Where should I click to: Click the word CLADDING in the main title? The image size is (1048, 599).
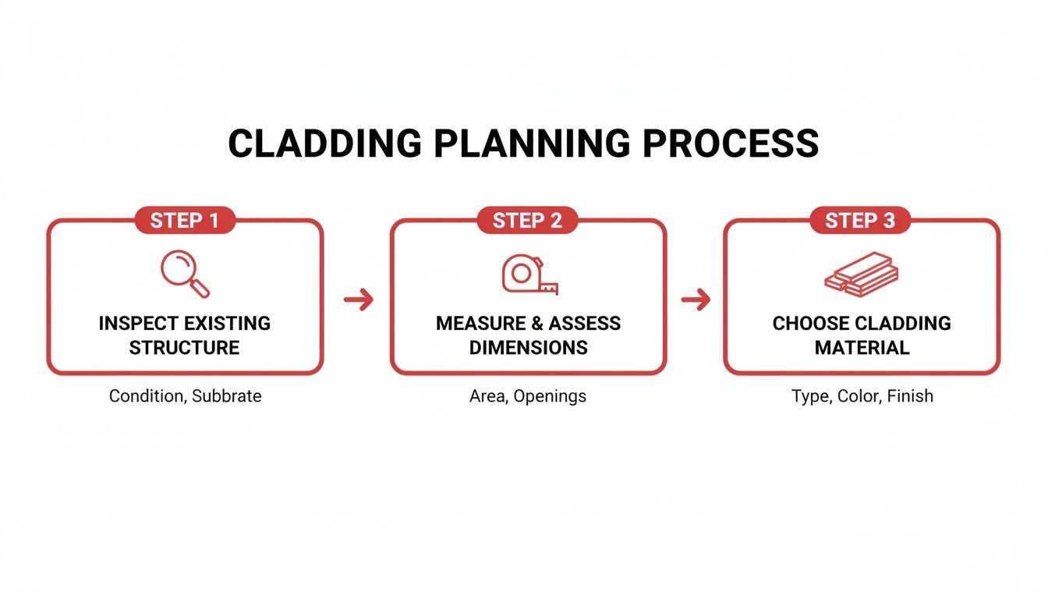[323, 144]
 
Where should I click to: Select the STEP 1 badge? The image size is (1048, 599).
[185, 221]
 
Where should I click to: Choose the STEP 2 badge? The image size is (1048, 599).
[527, 221]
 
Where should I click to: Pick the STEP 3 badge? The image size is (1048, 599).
[861, 221]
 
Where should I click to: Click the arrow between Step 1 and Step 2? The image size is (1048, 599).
[358, 299]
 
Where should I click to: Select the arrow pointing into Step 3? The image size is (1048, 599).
[696, 299]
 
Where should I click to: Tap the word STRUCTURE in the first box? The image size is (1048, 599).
[185, 348]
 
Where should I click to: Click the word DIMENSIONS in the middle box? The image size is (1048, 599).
[529, 348]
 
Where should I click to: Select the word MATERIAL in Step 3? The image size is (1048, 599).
[862, 348]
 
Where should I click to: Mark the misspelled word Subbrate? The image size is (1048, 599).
[227, 396]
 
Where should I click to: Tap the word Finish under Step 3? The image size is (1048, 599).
[909, 396]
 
